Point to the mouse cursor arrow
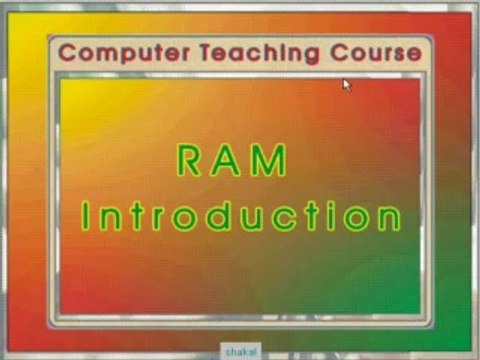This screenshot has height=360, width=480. [x=346, y=84]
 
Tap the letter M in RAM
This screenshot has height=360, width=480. [x=272, y=160]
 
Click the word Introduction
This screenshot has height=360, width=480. [x=241, y=216]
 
